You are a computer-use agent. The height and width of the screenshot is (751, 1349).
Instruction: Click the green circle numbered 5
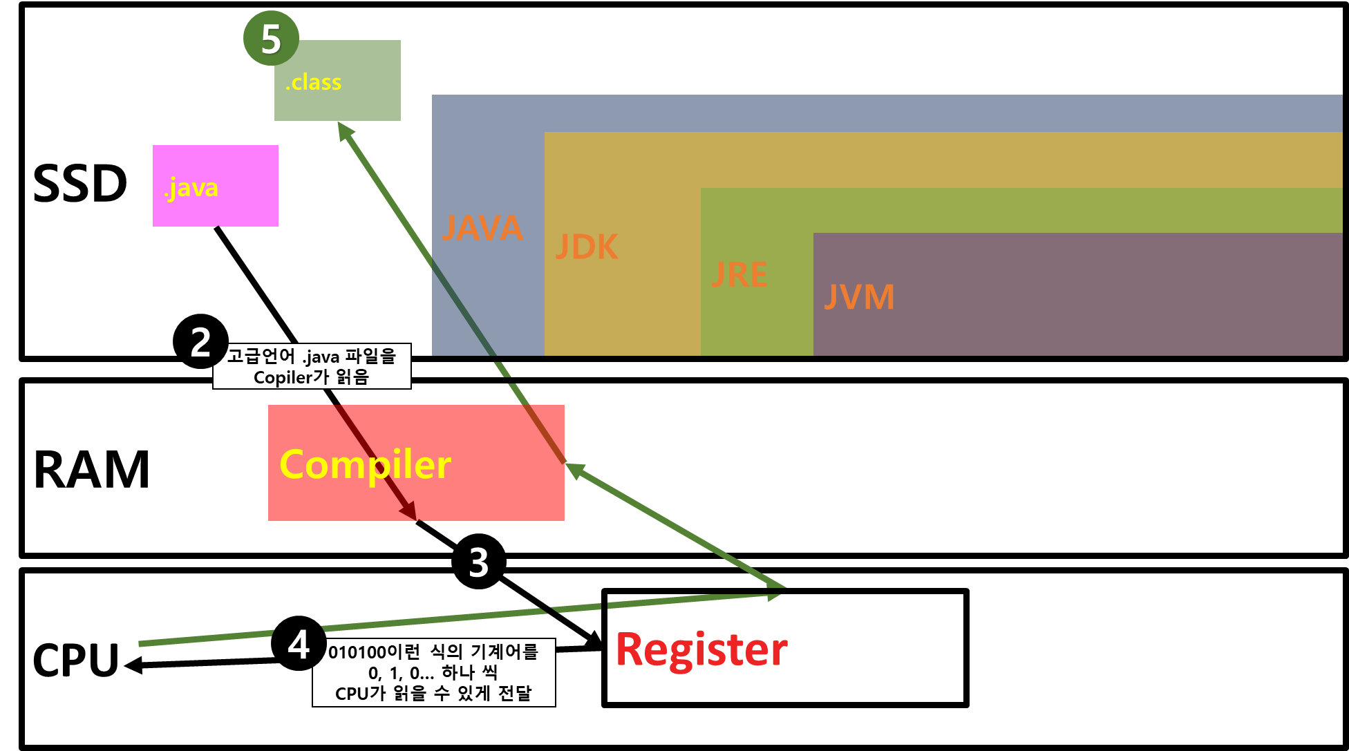click(271, 39)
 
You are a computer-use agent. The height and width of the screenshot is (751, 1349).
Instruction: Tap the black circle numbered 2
click(200, 341)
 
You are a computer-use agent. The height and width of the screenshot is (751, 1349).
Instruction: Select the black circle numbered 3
click(479, 561)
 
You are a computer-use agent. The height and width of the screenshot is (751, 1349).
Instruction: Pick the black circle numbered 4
click(299, 643)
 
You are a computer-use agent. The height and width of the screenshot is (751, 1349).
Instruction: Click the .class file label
click(313, 82)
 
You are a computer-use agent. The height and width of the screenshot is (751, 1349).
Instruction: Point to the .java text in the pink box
click(191, 188)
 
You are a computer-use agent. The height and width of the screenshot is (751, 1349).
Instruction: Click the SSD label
click(80, 184)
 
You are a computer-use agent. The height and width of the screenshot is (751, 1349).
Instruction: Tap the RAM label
click(91, 470)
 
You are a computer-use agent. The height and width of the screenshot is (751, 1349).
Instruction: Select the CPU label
click(76, 660)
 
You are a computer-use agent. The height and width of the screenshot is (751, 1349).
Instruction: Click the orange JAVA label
click(482, 228)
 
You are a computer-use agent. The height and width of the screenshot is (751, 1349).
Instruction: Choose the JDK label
click(587, 247)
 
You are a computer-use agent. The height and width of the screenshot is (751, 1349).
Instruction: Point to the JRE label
click(739, 275)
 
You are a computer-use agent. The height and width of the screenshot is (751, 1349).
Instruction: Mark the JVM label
click(859, 297)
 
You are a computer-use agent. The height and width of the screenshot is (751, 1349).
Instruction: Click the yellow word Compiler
click(366, 465)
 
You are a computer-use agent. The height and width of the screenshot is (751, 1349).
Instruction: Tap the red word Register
click(701, 649)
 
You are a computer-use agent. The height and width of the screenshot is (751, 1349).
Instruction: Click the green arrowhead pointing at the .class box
click(345, 131)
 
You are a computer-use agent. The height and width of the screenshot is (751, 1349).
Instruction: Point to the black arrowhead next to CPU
click(133, 665)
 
